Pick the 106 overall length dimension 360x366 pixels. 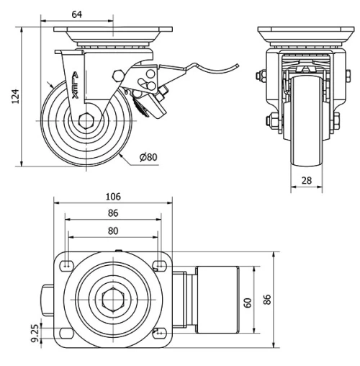point(112,197)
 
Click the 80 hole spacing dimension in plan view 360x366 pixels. point(112,231)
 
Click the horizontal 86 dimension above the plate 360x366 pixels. point(112,214)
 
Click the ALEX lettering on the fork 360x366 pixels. point(76,85)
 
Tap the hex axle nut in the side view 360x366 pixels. point(86,121)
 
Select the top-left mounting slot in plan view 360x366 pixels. point(67,264)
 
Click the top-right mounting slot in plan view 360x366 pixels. point(158,264)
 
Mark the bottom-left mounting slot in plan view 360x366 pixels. point(67,332)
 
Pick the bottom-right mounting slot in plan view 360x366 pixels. point(158,332)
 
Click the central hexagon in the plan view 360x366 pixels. point(112,298)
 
